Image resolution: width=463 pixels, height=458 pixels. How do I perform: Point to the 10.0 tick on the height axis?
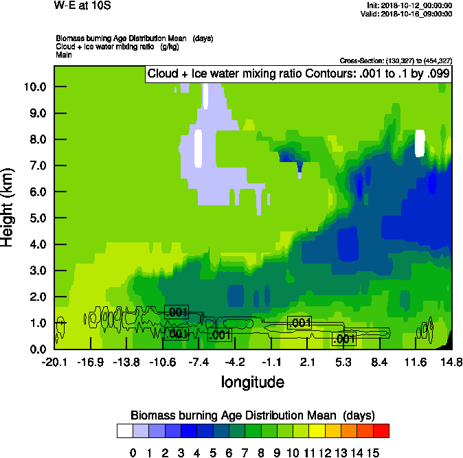33,87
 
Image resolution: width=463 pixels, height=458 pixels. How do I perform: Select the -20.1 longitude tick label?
54,363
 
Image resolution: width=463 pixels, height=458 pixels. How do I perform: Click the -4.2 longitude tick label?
236,363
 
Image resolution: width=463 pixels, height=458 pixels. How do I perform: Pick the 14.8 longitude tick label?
451,363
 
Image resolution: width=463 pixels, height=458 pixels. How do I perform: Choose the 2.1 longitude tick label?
308,363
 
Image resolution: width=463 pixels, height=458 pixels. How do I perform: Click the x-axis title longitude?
252,381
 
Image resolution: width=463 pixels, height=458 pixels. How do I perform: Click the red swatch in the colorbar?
381,431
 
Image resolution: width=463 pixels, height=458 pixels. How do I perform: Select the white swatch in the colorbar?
124,431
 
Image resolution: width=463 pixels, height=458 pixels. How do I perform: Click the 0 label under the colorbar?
133,452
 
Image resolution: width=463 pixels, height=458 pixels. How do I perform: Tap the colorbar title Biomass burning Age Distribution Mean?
252,415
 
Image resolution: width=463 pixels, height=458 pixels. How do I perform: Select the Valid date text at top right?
409,13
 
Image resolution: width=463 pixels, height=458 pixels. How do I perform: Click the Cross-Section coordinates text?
396,61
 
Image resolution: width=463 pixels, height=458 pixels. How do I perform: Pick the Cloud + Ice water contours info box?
299,73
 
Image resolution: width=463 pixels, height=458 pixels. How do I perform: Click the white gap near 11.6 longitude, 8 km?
420,143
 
